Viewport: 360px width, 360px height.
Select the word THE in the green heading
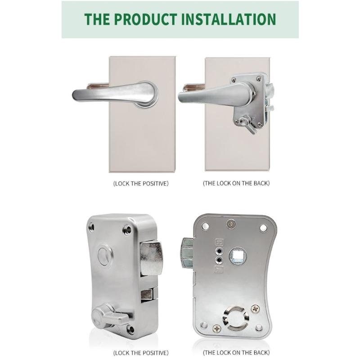pyautogui.click(x=96, y=19)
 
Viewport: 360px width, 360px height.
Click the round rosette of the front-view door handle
pyautogui.click(x=147, y=94)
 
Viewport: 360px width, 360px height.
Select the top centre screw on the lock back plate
pyautogui.click(x=231, y=222)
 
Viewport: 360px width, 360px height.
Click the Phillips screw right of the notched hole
pyautogui.click(x=256, y=309)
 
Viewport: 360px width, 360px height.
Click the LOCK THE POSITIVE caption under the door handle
pyautogui.click(x=140, y=184)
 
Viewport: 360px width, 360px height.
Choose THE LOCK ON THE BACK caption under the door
pyautogui.click(x=236, y=184)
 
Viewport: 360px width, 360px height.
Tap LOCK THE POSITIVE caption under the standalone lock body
pyautogui.click(x=140, y=352)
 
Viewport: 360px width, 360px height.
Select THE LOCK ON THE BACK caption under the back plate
pyautogui.click(x=236, y=352)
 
